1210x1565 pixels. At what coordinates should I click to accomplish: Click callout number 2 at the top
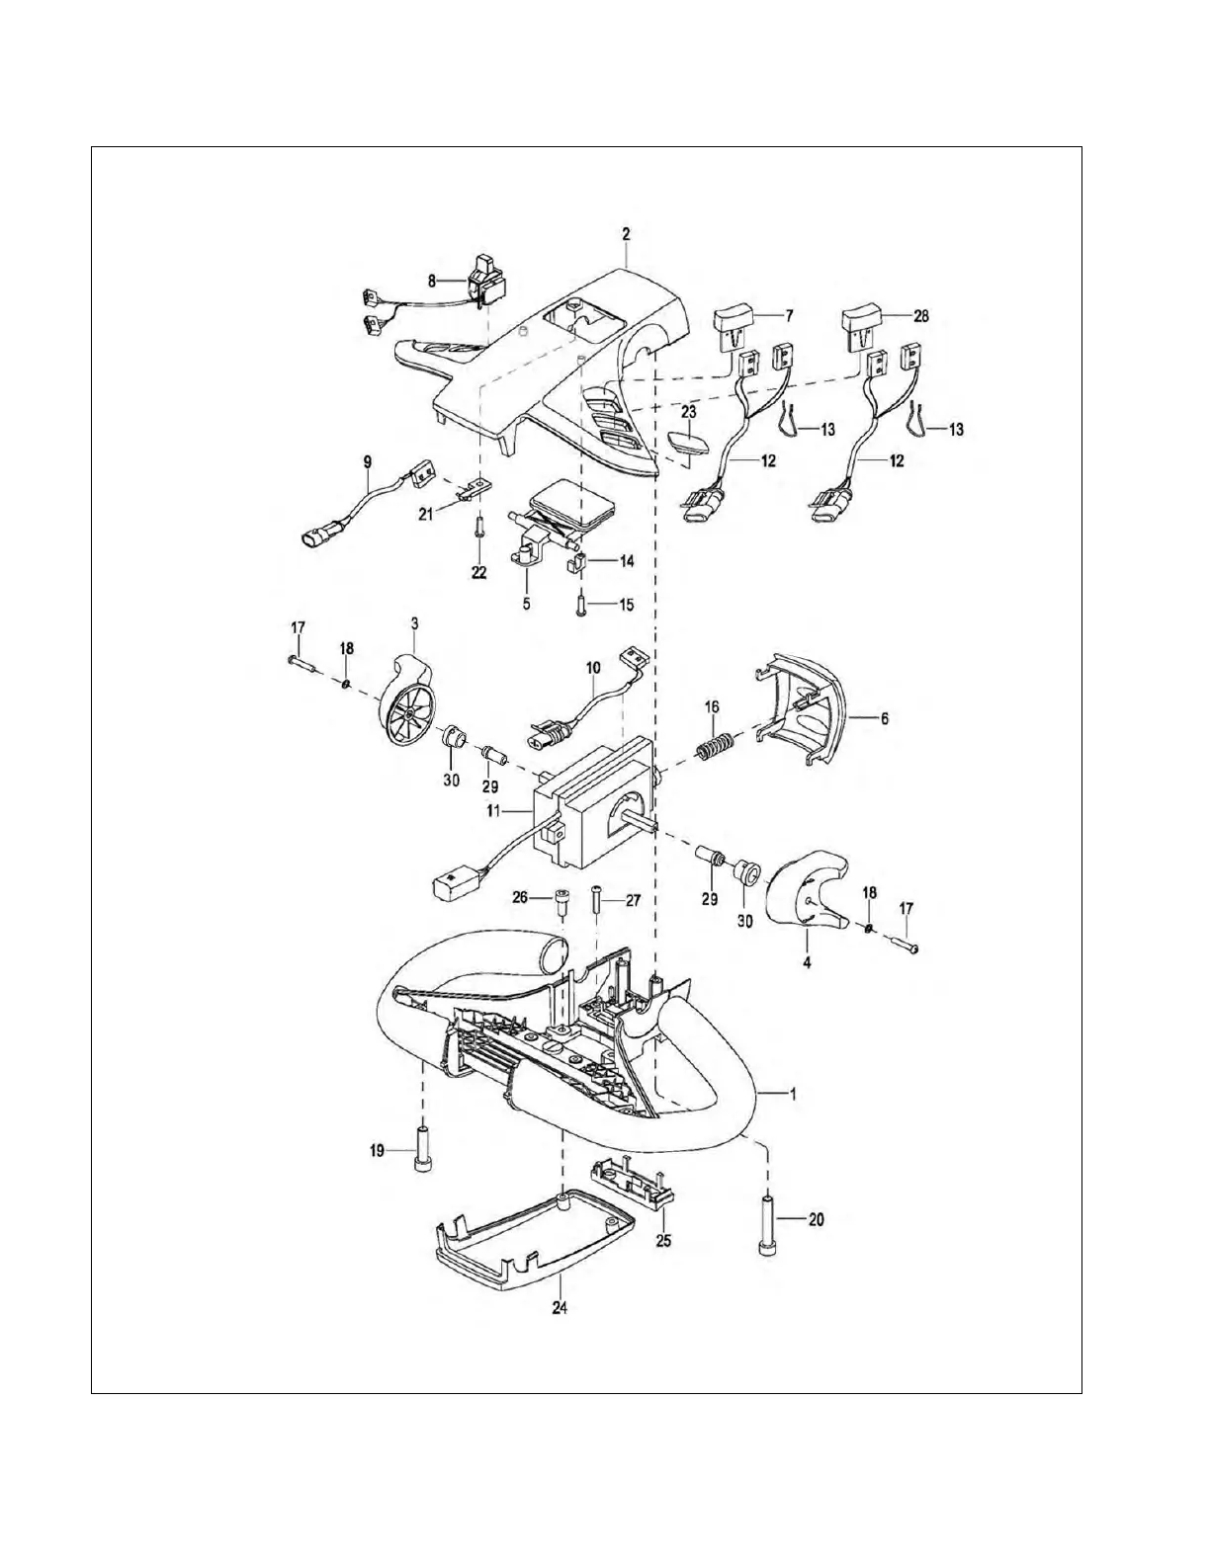point(626,235)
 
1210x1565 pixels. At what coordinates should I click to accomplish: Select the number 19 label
point(377,1150)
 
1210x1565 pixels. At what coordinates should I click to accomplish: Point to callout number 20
point(816,1220)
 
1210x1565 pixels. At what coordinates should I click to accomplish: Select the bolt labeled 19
point(422,1149)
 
